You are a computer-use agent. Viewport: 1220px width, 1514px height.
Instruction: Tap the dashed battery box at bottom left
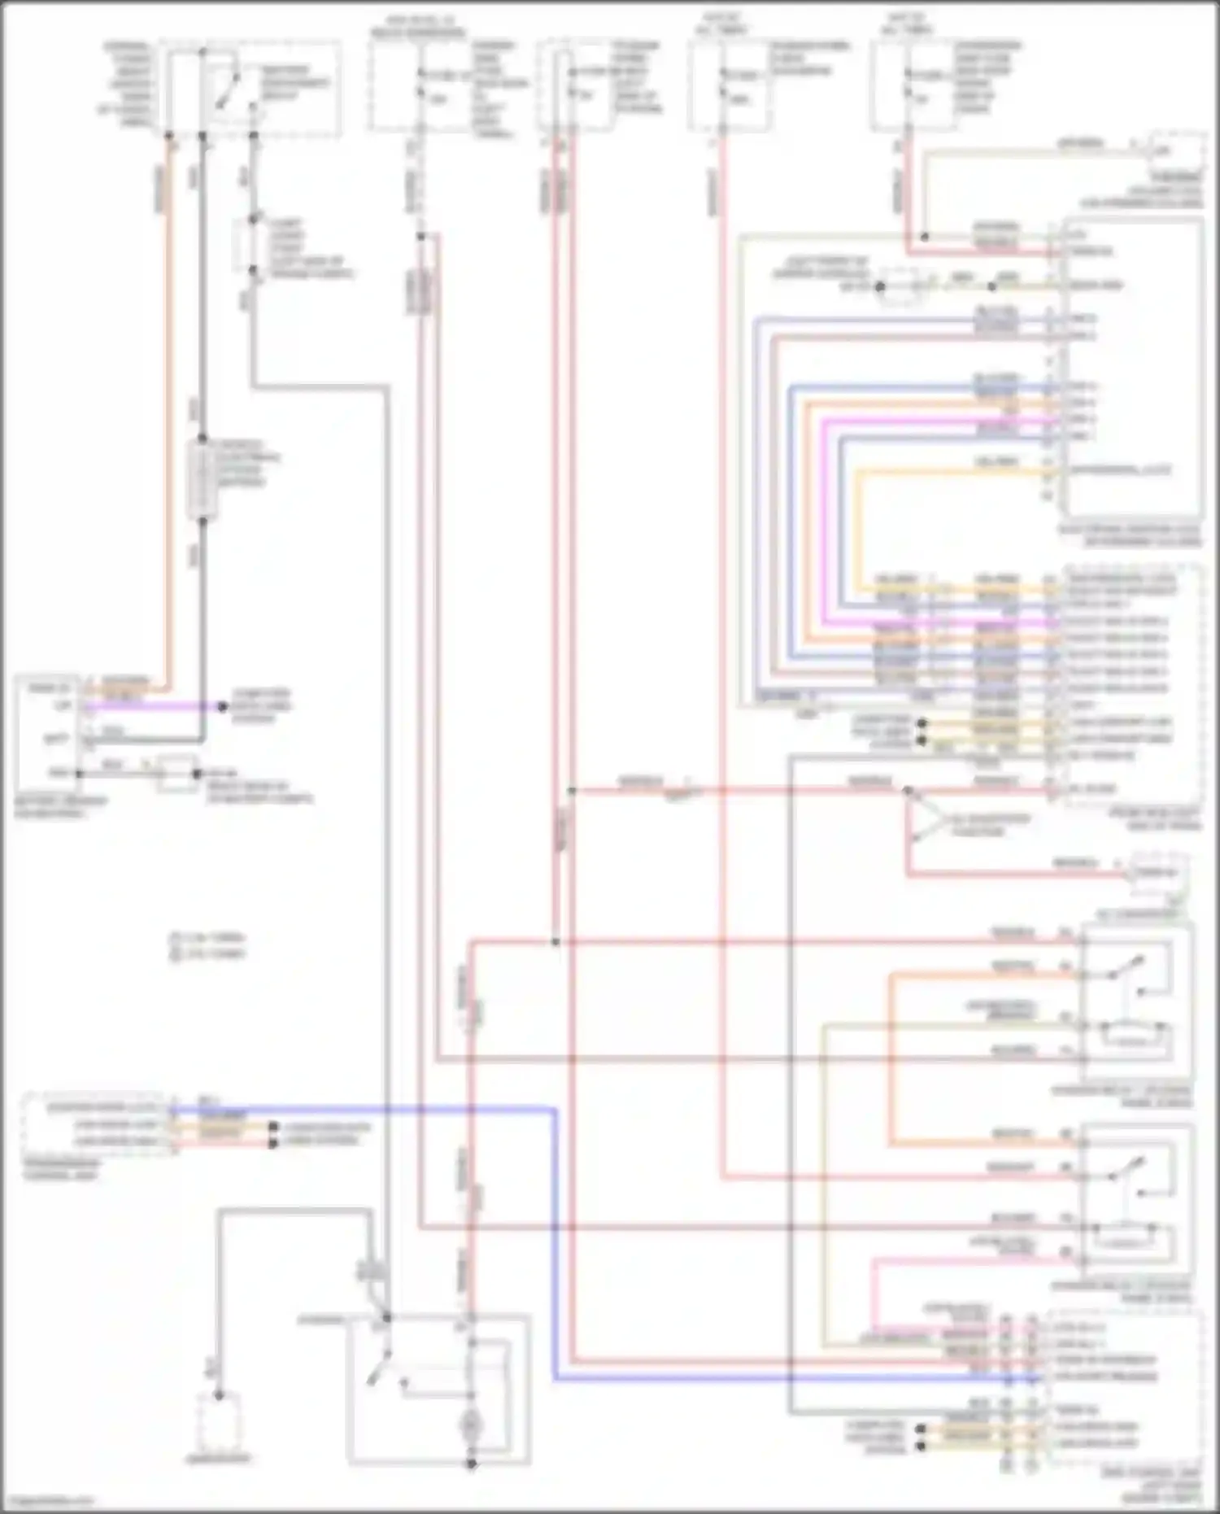click(218, 1422)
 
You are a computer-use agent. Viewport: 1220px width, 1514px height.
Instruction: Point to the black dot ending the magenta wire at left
click(222, 706)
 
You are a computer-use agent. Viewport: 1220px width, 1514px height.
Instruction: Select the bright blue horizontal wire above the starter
click(366, 1109)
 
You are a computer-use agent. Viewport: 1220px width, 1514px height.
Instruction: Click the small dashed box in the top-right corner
click(1177, 151)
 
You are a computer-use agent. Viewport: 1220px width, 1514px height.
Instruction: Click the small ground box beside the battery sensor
click(177, 774)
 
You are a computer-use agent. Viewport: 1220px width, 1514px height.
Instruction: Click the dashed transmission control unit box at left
click(96, 1124)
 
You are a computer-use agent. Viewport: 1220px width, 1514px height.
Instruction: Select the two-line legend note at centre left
click(207, 945)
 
